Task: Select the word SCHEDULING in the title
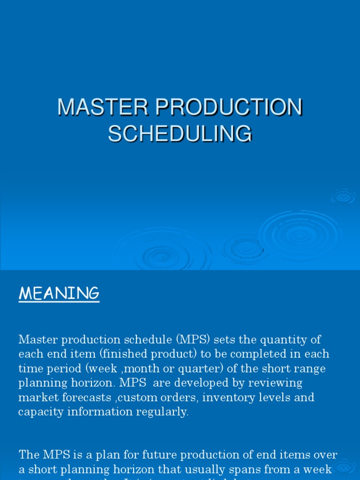coord(180,133)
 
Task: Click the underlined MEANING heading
coord(59,294)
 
